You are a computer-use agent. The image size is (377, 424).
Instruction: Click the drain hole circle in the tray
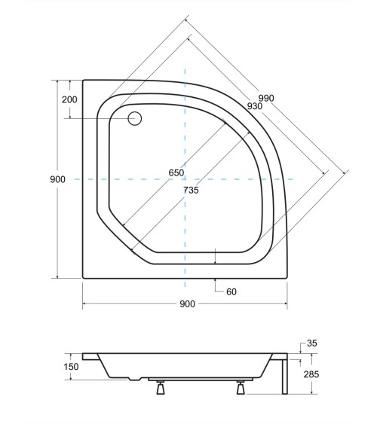pos(136,118)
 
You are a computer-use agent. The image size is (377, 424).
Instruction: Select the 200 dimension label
pos(69,99)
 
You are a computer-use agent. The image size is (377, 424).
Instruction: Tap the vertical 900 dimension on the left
pos(58,178)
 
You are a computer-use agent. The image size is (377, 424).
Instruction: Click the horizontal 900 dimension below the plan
pos(187,304)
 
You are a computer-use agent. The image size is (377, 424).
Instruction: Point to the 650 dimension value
pos(176,172)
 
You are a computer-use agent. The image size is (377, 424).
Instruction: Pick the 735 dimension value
pos(191,191)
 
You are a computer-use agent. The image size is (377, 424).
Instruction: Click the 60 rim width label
pos(231,291)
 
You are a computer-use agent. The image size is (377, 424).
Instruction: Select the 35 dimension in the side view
pos(311,343)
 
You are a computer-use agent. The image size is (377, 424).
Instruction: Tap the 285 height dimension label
pos(311,373)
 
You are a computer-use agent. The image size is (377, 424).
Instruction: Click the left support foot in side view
pos(160,389)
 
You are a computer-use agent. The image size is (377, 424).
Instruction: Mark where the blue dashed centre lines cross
pos(185,179)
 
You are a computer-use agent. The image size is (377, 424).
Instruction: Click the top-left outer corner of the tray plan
pos(83,80)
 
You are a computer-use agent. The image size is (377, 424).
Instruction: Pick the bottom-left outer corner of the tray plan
pos(83,278)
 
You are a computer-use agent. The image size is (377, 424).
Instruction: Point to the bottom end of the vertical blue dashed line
pos(185,289)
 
